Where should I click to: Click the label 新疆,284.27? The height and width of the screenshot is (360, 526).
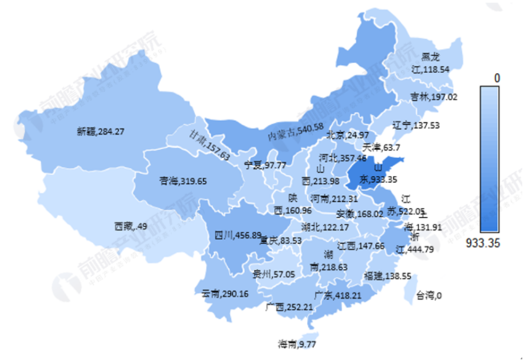click(x=100, y=131)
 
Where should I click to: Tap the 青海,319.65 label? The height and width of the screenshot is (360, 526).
click(x=182, y=181)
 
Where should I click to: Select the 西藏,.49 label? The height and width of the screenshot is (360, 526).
click(x=130, y=226)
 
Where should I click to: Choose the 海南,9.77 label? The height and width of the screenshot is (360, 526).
click(x=297, y=344)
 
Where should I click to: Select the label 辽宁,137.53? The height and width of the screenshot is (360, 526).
click(x=416, y=126)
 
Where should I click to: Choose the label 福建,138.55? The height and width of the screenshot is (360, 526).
click(x=388, y=276)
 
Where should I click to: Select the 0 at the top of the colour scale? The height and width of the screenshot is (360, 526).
click(x=497, y=79)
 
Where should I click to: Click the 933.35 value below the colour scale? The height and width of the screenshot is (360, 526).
click(x=482, y=243)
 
